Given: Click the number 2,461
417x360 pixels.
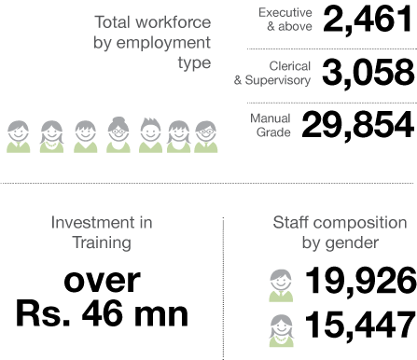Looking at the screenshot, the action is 368,20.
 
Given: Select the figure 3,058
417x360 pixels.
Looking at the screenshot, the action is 368,74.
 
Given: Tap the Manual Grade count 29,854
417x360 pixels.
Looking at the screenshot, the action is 358,126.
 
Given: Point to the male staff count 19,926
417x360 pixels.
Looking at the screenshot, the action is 361,281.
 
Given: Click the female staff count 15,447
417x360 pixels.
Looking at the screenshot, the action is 360,325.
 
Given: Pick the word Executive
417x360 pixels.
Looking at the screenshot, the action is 285,13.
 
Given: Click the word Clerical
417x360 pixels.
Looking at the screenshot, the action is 290,66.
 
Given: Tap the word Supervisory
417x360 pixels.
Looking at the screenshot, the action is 278,80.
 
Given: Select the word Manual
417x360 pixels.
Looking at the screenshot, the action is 271,118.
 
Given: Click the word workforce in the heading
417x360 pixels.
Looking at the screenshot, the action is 174,22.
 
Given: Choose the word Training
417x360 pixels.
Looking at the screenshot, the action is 102,242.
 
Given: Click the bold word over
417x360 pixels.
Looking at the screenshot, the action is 103,282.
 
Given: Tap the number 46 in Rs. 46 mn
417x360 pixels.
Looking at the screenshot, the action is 101,314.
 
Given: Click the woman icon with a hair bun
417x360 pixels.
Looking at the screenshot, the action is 118,134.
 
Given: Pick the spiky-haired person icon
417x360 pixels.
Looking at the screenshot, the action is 150,135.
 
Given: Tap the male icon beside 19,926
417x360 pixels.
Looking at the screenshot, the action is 281,285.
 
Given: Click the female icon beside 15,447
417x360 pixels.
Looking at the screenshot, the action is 282,330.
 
